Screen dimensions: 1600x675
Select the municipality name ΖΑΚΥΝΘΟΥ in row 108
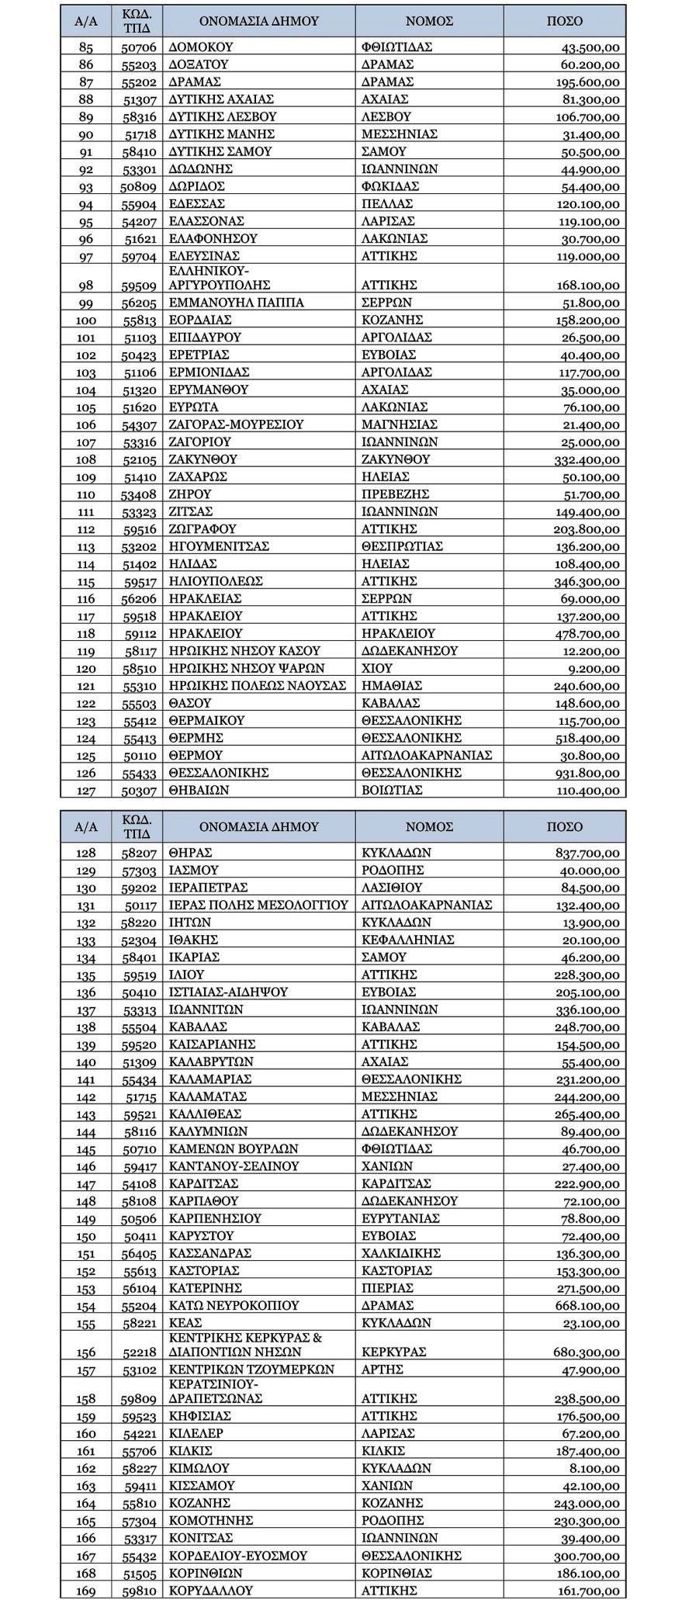tap(203, 459)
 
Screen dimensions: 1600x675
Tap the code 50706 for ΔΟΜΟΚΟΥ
tap(140, 47)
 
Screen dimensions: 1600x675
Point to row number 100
tap(86, 320)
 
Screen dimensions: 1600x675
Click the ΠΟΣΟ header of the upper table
tap(564, 21)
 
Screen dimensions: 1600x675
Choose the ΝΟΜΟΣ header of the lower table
tap(429, 826)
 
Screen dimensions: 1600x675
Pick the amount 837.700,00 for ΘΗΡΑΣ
tap(587, 853)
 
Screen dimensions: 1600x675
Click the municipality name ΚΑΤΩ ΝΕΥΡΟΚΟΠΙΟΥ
tap(234, 1306)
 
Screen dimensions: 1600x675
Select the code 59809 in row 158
tap(140, 1398)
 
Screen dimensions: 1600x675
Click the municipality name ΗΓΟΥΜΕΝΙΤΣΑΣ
tap(219, 546)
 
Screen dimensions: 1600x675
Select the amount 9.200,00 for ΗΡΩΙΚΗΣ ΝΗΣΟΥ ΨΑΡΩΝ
tap(597, 668)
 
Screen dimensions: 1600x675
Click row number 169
tap(86, 1591)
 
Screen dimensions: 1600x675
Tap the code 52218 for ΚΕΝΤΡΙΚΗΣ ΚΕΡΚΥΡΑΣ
tap(140, 1352)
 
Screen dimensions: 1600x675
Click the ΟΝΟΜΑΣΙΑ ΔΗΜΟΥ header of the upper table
tap(258, 21)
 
